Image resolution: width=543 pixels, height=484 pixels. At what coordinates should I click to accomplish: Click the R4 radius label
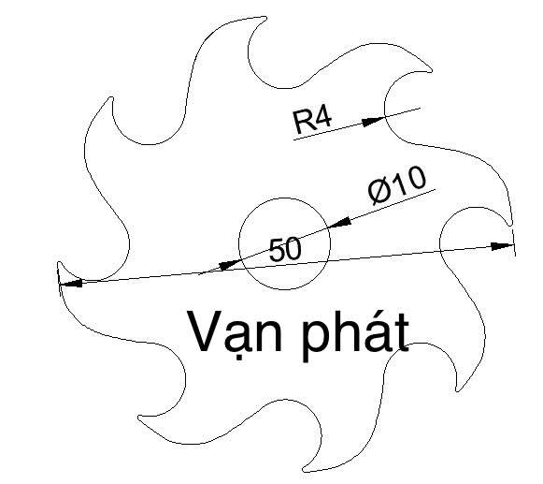coord(312,121)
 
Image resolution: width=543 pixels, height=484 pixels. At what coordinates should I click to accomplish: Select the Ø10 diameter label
coord(397,184)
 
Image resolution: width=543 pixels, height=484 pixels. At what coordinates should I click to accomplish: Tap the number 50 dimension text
coord(285,249)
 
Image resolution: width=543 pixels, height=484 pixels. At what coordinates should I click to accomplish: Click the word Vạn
coord(235,332)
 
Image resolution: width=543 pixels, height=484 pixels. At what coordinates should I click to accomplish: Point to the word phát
coord(355,335)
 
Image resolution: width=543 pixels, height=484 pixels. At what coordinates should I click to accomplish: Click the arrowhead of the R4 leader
coord(373,121)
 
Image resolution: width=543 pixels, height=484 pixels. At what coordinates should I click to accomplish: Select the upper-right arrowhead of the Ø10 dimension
coord(338,223)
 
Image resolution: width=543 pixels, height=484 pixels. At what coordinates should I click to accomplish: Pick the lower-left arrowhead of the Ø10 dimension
coord(230,265)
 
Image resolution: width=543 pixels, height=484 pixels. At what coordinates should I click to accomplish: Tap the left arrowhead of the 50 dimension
coord(71,284)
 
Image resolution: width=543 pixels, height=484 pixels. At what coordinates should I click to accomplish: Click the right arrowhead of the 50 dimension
coord(503,245)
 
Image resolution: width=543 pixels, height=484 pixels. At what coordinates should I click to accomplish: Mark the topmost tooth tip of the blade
coord(265,17)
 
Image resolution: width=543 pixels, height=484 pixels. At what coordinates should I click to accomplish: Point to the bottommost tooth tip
coord(304,470)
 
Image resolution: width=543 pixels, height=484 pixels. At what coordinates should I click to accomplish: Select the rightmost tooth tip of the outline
coord(511,225)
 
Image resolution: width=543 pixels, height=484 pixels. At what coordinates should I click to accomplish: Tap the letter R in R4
coord(303,123)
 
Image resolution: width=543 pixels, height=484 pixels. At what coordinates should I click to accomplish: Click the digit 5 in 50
coord(277,250)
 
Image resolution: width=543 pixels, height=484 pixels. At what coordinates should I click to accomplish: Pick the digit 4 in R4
coord(323,118)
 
